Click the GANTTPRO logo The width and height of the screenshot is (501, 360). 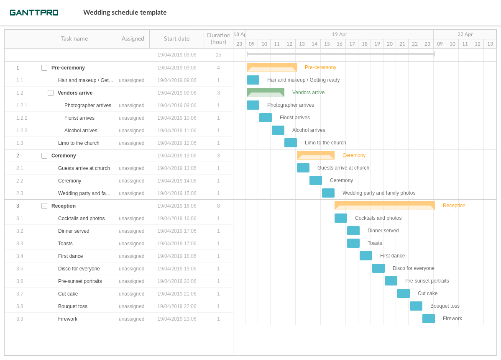(34, 13)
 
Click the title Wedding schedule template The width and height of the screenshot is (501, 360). (125, 13)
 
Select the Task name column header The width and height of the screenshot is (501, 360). (74, 39)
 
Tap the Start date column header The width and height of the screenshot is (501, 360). (176, 39)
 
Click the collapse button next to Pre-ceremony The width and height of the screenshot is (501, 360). (44, 68)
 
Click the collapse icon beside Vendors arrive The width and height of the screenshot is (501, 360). (51, 93)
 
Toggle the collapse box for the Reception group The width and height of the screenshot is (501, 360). (44, 206)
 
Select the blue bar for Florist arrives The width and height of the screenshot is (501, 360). (266, 118)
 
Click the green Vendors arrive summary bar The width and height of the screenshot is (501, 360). (266, 93)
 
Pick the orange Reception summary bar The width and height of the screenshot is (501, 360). (384, 206)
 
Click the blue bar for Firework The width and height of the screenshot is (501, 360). (429, 319)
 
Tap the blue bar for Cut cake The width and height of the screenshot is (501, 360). (404, 293)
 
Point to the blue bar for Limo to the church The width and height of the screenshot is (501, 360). (291, 143)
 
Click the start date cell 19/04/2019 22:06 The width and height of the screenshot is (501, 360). (176, 306)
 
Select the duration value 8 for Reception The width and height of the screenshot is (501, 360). (218, 206)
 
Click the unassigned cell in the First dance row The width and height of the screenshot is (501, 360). (131, 256)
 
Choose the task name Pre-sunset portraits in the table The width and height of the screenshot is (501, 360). (80, 281)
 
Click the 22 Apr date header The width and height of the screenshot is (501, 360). (465, 34)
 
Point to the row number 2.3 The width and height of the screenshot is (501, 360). (20, 193)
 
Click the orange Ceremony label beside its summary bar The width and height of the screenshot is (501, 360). (354, 155)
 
